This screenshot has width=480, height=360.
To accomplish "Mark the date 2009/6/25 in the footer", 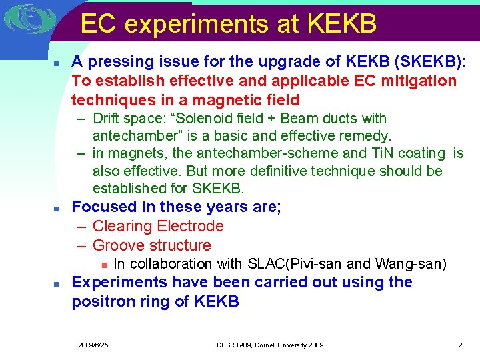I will [x=93, y=345].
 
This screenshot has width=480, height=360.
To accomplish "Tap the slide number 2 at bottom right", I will [x=460, y=345].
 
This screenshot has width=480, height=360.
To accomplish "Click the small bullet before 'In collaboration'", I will [x=103, y=265].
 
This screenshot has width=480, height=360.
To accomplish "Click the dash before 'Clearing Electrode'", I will [x=81, y=226].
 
